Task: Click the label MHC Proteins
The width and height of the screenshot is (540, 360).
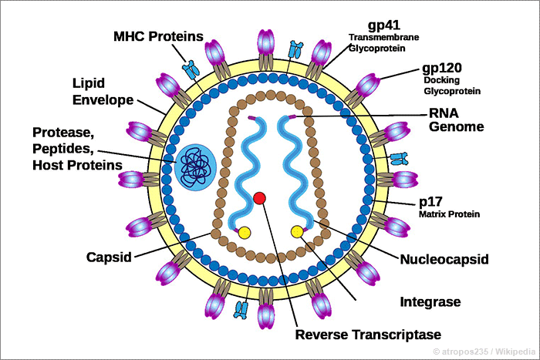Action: click(x=158, y=36)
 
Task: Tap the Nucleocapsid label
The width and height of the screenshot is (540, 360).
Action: click(x=444, y=259)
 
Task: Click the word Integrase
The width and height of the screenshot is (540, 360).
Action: click(x=430, y=300)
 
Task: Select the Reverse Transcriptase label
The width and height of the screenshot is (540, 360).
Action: click(x=368, y=335)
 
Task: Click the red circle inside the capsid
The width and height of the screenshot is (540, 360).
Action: click(x=259, y=199)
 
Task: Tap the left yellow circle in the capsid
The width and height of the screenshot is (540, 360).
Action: click(x=245, y=233)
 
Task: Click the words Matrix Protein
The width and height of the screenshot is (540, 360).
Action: click(x=450, y=214)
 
